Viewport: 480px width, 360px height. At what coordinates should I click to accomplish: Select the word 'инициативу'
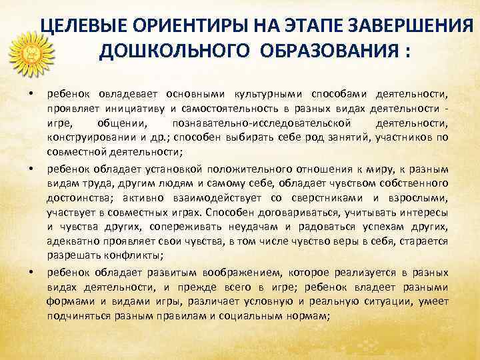click(x=133, y=108)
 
